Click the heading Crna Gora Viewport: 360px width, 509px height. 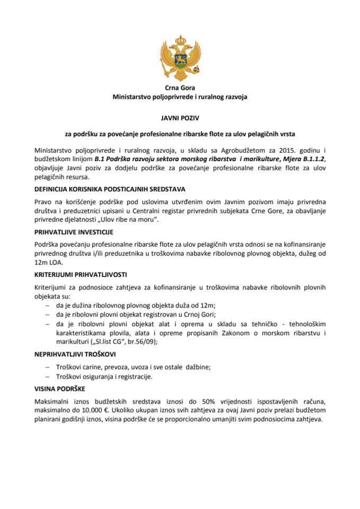click(180, 88)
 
